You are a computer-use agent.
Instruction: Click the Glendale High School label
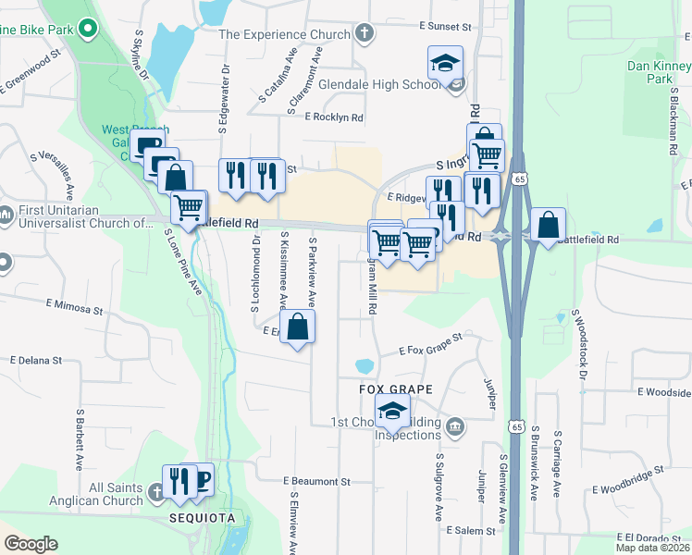pos(379,84)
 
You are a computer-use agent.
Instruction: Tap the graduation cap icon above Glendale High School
pos(445,63)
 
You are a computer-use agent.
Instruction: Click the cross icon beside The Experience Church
pos(365,34)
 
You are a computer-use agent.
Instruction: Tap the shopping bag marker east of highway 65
pos(548,225)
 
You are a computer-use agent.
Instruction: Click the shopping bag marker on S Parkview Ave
pos(297,327)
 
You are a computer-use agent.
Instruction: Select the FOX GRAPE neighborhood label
pos(384,389)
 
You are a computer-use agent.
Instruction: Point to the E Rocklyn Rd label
pos(334,117)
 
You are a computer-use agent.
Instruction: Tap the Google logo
pos(31,544)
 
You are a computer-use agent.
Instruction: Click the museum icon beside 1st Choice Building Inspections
pos(454,426)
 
